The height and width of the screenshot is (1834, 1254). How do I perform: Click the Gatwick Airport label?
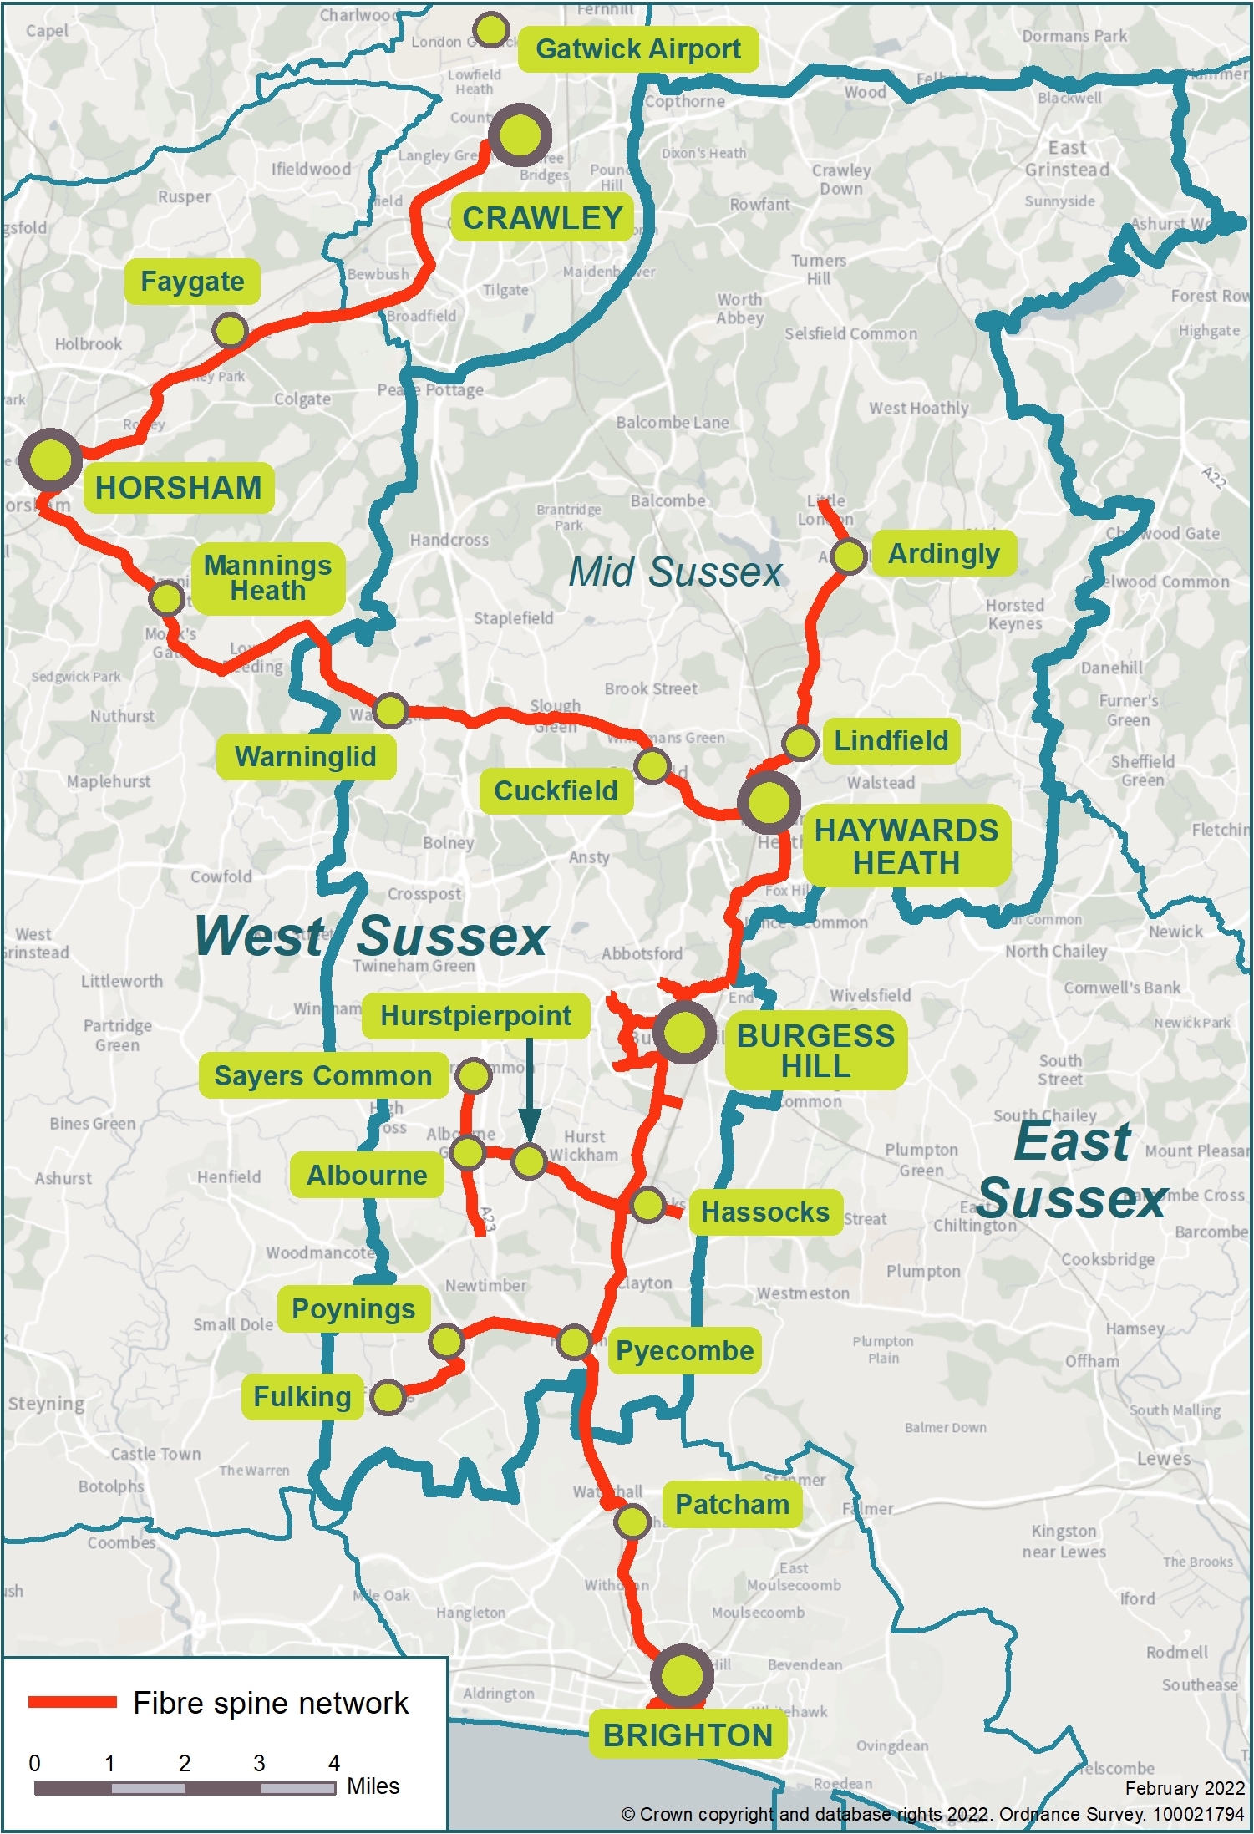[637, 49]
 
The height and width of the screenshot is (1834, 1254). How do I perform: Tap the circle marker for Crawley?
[520, 135]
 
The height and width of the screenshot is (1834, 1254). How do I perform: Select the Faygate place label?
[192, 282]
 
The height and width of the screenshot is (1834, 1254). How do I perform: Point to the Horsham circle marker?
[50, 460]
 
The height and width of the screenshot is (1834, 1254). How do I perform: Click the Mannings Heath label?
[267, 578]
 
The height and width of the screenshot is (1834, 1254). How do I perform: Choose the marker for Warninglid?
[390, 710]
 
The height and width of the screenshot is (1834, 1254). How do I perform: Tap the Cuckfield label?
[556, 790]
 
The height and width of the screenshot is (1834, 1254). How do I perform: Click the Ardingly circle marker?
[849, 556]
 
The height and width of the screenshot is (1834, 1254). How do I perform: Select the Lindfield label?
[891, 740]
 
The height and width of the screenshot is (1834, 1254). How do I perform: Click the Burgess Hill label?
[815, 1051]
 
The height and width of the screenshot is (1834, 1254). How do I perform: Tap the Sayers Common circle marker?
[474, 1076]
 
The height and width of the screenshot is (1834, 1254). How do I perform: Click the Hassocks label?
[764, 1212]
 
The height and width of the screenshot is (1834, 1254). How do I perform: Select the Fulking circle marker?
[388, 1397]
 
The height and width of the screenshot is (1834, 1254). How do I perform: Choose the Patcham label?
[732, 1504]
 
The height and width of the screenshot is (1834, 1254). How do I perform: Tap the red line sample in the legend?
[73, 1702]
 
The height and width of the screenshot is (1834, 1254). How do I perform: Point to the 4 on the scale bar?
[334, 1763]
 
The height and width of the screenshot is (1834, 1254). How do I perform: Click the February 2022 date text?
[1185, 1788]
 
